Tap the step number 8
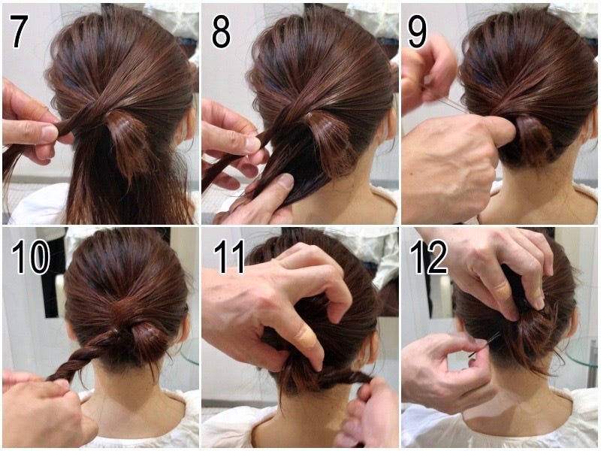click(x=221, y=32)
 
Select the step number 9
click(x=417, y=32)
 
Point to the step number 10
click(x=31, y=257)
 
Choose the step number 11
click(x=229, y=257)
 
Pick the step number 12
click(x=428, y=257)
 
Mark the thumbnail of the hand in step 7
click(x=50, y=133)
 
